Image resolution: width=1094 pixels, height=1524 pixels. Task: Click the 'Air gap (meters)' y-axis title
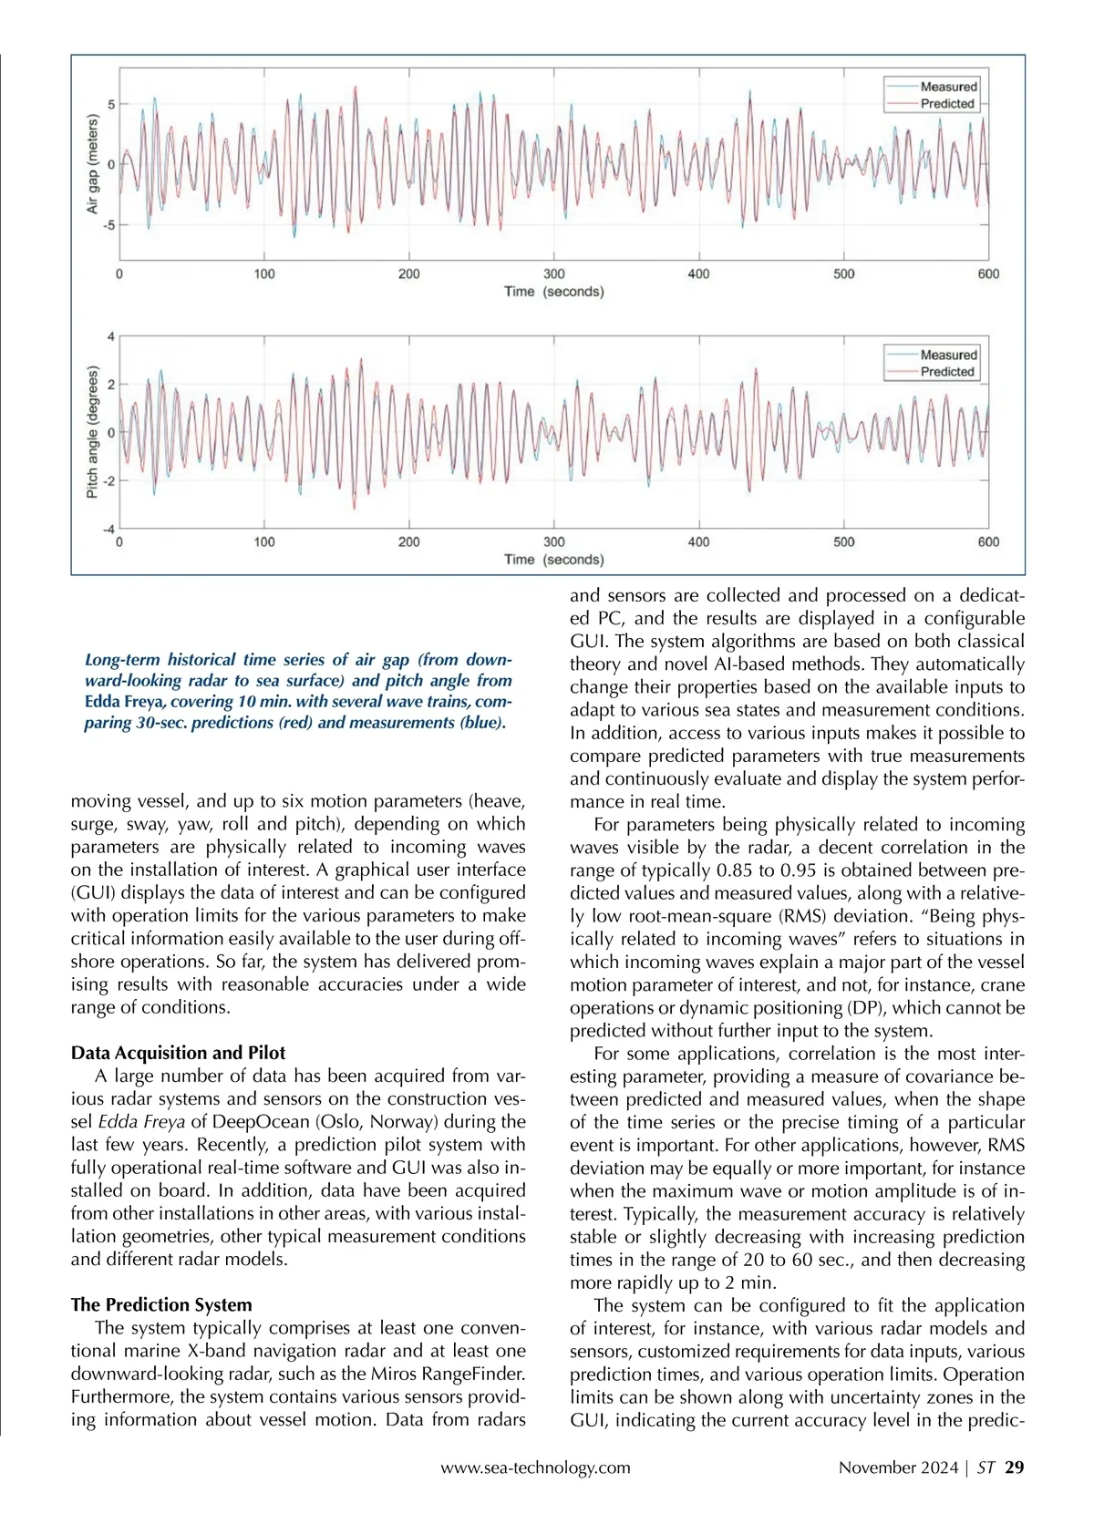point(92,165)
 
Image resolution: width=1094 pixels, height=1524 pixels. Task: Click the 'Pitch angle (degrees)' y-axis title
point(92,432)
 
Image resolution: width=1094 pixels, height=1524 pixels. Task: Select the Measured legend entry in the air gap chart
point(948,87)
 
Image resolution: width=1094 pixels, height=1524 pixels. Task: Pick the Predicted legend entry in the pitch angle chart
point(947,372)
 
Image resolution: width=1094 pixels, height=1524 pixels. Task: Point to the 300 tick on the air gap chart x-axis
point(553,273)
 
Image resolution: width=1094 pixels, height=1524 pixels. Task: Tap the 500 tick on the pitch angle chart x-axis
point(844,541)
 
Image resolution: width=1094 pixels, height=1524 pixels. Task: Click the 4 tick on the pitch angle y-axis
point(111,337)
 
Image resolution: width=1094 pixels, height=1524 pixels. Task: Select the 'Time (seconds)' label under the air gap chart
point(553,292)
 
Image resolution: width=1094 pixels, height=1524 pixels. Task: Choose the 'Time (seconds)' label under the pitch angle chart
point(553,560)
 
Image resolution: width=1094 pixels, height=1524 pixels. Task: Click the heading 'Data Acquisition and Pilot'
point(178,1053)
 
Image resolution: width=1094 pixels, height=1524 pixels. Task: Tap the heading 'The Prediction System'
point(161,1304)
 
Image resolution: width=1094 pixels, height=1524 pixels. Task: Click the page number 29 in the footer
point(1014,1467)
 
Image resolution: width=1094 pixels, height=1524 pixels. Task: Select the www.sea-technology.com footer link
point(535,1467)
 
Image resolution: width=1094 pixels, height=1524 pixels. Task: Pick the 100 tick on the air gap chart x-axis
point(264,273)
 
